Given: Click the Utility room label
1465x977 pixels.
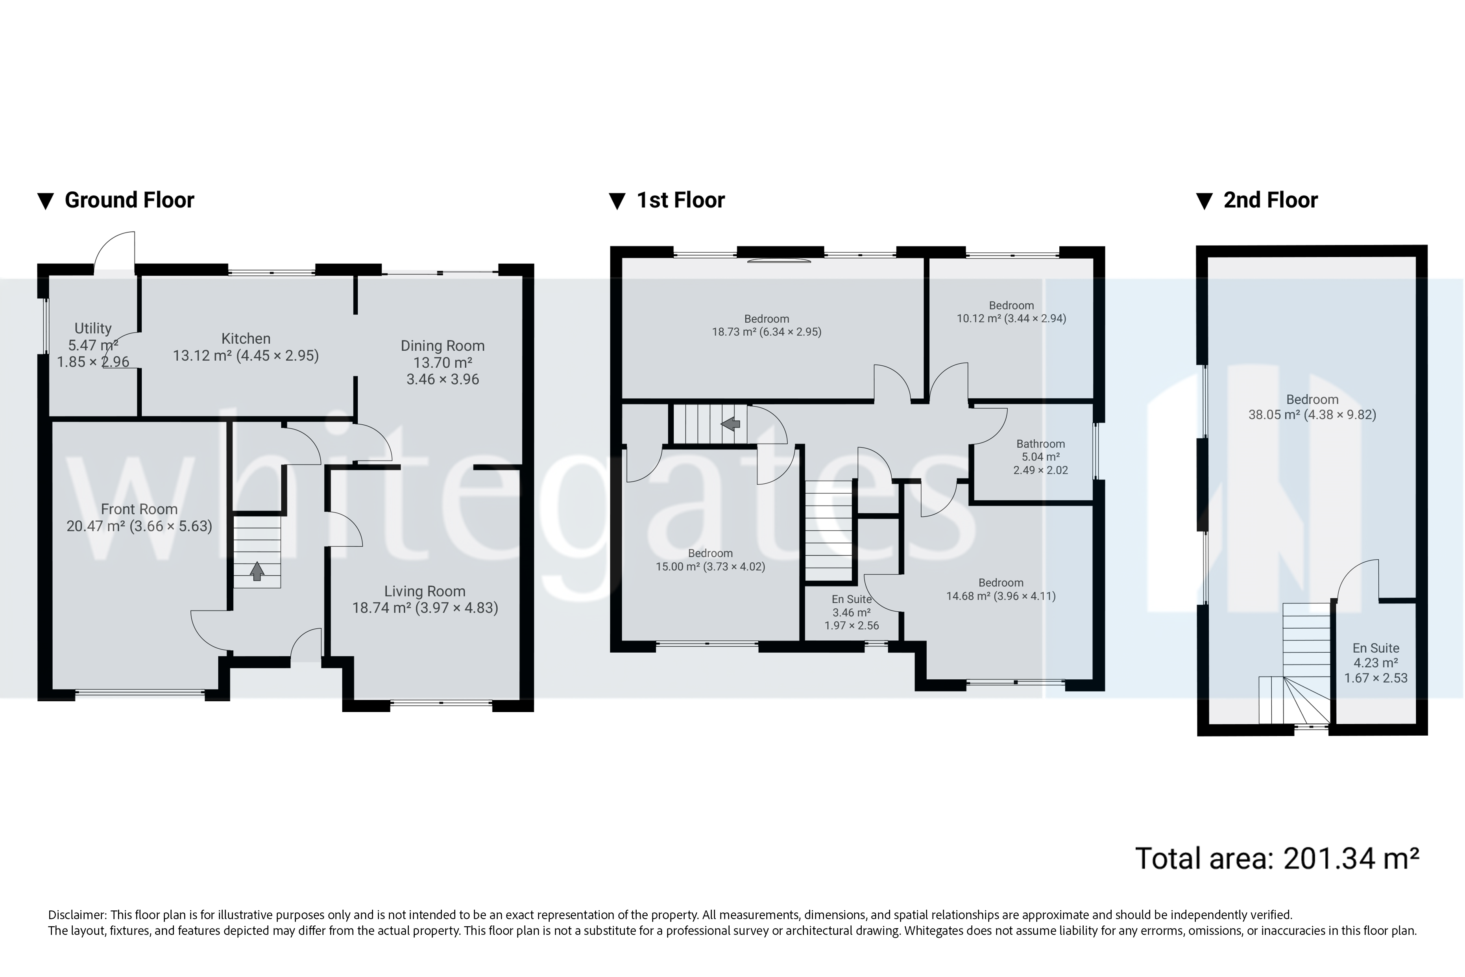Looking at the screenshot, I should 93,328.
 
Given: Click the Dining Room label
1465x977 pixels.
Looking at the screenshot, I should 442,346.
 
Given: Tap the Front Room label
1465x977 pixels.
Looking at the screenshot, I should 139,509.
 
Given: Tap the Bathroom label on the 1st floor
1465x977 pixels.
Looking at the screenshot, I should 1040,444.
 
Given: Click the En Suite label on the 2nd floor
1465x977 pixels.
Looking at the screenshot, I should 1375,648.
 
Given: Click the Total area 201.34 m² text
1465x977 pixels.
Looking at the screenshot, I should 1277,859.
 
